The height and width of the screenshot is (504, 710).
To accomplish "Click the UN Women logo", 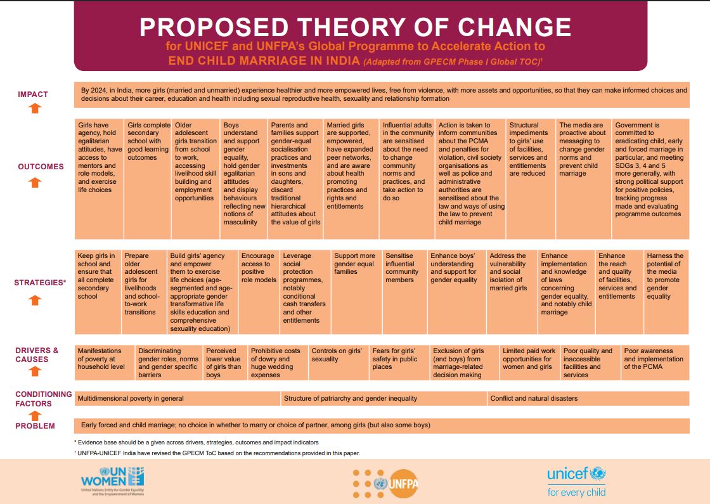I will (112, 481).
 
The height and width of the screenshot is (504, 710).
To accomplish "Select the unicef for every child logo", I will (576, 481).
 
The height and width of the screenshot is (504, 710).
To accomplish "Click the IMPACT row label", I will (33, 94).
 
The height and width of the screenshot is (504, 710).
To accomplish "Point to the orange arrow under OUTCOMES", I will (35, 183).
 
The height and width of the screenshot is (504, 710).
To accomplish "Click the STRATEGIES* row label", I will (40, 283).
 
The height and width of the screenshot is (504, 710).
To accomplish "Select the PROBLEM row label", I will (35, 426).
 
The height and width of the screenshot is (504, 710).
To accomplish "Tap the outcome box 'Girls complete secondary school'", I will (148, 141).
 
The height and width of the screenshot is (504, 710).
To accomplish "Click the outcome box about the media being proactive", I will (583, 150).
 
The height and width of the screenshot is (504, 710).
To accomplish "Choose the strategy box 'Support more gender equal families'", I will (354, 264).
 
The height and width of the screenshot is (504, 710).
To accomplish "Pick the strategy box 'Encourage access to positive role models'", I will (259, 268).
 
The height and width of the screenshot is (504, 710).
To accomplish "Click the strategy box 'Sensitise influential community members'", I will (402, 268).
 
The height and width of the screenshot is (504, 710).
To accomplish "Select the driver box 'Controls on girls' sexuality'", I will (337, 354).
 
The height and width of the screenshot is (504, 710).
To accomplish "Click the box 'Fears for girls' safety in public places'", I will (397, 359).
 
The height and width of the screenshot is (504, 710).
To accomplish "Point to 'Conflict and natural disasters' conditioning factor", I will (534, 399).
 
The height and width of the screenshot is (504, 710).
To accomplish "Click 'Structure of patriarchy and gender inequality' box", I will (351, 399).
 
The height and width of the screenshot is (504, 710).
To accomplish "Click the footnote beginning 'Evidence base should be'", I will (196, 442).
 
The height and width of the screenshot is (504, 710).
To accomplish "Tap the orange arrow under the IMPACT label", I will (35, 108).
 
